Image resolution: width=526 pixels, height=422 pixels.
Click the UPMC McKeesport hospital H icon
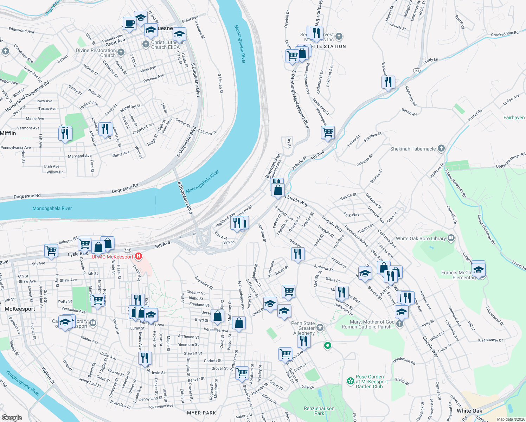pyautogui.click(x=139, y=256)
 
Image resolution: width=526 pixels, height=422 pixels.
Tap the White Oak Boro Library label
pyautogui.click(x=421, y=238)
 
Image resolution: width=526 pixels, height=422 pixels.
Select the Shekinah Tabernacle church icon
pyautogui.click(x=441, y=148)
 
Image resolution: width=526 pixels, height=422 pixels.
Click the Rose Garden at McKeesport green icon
pyautogui.click(x=350, y=381)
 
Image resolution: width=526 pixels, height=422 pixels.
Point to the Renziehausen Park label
pyautogui.click(x=319, y=411)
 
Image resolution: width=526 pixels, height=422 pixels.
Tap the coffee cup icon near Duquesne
pyautogui.click(x=129, y=24)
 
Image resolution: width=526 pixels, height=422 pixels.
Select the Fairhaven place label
pyautogui.click(x=514, y=117)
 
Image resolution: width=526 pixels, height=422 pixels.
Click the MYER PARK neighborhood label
pyautogui.click(x=201, y=413)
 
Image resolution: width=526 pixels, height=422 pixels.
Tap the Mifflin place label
pyautogui.click(x=8, y=133)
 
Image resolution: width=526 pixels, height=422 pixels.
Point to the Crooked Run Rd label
pyautogui.click(x=505, y=34)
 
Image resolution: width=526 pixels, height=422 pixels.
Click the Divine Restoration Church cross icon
pyautogui.click(x=121, y=52)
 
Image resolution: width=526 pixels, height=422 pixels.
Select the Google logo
pyautogui.click(x=12, y=417)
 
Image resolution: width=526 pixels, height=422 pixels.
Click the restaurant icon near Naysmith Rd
pyautogui.click(x=388, y=82)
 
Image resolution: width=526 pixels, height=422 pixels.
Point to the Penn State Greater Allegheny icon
pyautogui.click(x=320, y=328)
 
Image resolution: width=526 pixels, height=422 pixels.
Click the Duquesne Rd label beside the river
pyautogui.click(x=125, y=188)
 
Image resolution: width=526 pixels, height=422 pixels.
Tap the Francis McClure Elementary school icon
pyautogui.click(x=478, y=270)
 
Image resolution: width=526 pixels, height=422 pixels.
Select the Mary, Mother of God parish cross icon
pyautogui.click(x=399, y=324)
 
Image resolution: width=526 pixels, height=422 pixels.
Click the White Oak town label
pyautogui.click(x=469, y=411)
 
